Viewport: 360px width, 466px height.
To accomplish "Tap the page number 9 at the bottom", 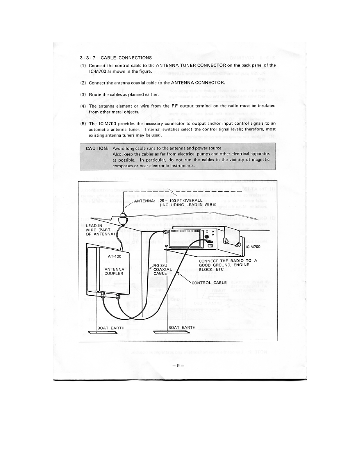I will [x=178, y=366].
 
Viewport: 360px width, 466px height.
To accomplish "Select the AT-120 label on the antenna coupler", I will [x=115, y=256].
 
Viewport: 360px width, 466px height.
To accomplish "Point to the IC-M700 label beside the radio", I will [x=253, y=247].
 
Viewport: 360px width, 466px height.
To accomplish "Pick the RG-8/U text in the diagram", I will [x=160, y=265].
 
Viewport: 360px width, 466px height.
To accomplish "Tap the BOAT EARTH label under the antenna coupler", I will [x=111, y=328].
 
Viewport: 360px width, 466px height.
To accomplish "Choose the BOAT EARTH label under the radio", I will [x=182, y=327].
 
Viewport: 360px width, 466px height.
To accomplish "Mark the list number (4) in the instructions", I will [x=83, y=106].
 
